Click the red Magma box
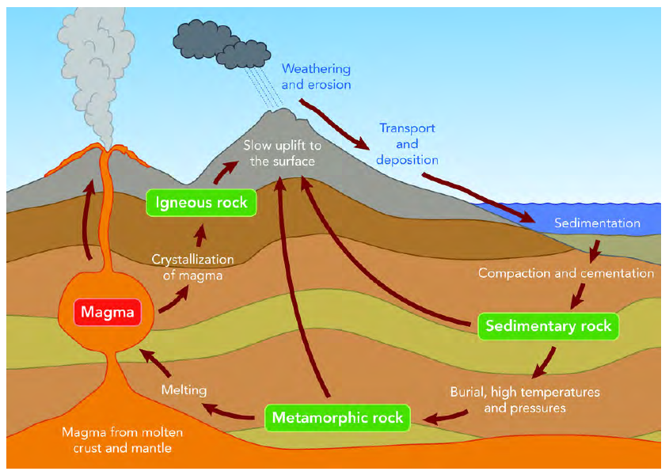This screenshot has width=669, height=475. (x=108, y=312)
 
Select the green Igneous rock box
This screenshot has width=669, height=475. (x=201, y=203)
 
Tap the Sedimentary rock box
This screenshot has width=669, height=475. (x=548, y=326)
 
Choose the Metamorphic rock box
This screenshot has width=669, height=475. (x=337, y=417)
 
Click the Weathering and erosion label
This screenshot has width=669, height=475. (x=316, y=76)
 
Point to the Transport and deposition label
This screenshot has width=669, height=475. (x=407, y=144)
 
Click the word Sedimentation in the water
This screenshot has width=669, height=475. (x=597, y=222)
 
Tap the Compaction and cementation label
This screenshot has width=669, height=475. (x=566, y=273)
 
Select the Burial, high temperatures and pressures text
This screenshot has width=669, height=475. (x=525, y=400)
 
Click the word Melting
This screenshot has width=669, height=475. (x=184, y=390)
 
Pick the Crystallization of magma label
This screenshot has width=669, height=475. (x=192, y=268)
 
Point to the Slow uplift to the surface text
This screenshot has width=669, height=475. (x=282, y=154)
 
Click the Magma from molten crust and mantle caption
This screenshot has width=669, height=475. (x=123, y=440)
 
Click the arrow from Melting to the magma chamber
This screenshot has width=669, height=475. (x=155, y=362)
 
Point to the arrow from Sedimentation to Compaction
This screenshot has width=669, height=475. (x=595, y=252)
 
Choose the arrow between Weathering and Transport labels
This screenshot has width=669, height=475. (x=334, y=123)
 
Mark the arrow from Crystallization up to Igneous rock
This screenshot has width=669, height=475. (x=200, y=236)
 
